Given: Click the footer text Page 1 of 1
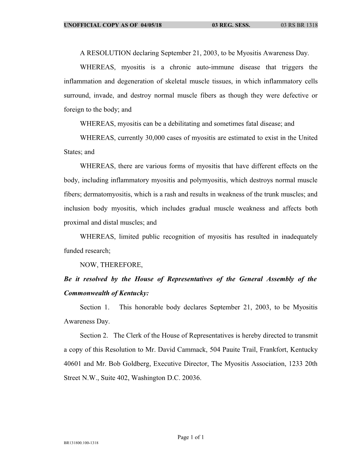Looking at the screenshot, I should pos(191,437).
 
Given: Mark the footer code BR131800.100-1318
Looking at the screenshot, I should pos(81,443).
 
